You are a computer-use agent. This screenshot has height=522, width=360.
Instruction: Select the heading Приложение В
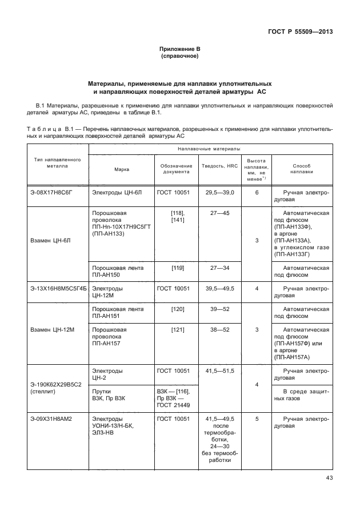pyautogui.click(x=180, y=50)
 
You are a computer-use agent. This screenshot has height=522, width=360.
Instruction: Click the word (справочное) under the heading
pyautogui.click(x=180, y=57)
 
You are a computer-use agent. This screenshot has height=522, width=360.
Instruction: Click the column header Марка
pyautogui.click(x=122, y=169)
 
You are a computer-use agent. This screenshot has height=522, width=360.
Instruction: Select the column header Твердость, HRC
pyautogui.click(x=219, y=166)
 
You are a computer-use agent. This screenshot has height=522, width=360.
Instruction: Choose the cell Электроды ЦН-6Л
pyautogui.click(x=118, y=193)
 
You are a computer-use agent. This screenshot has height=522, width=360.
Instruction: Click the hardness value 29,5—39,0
pyautogui.click(x=219, y=193)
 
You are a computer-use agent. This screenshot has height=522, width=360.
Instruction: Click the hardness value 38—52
pyautogui.click(x=219, y=330)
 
